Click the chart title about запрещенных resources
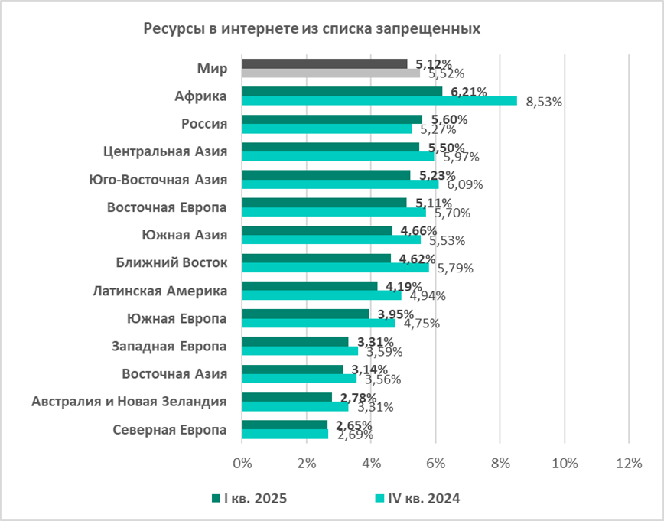coord(312,29)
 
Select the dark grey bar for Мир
coord(324,63)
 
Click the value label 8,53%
coord(544,102)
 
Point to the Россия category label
coord(204,124)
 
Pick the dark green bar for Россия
coord(332,119)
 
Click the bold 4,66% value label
coord(416,230)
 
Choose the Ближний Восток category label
coord(172,262)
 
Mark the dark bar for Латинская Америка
coord(310,285)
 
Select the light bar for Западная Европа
coord(300,350)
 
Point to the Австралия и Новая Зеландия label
coord(129,401)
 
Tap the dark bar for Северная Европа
coord(285,425)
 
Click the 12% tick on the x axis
coord(628,463)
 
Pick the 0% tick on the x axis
coord(242,463)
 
